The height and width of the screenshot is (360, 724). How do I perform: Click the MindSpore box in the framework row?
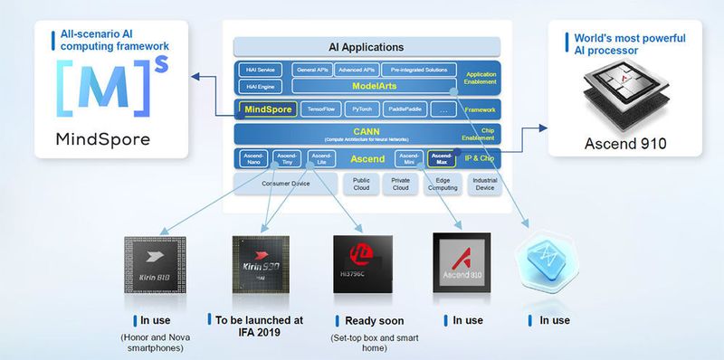(x=267, y=109)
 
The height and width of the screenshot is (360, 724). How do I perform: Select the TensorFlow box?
(x=321, y=109)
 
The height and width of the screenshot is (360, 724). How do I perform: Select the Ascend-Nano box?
(x=253, y=159)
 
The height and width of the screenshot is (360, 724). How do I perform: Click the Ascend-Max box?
(x=442, y=159)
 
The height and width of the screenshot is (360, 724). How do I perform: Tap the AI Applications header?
(x=367, y=47)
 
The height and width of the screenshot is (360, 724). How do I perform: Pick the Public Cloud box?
(x=361, y=185)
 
